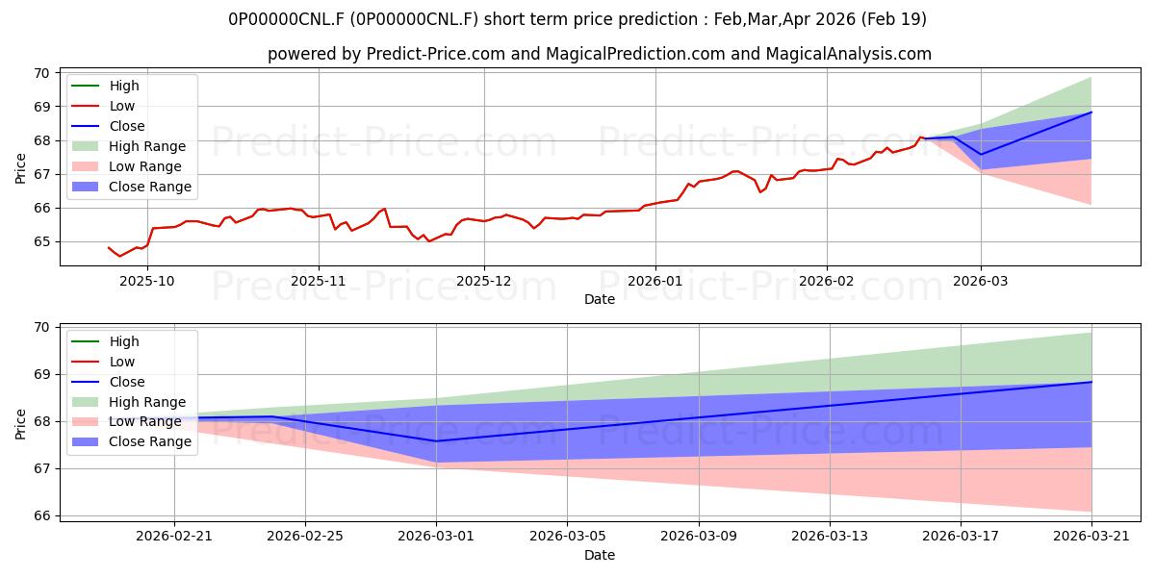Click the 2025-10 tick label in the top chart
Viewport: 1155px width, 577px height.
click(147, 281)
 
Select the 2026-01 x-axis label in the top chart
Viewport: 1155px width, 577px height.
click(654, 281)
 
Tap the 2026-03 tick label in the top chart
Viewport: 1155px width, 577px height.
click(980, 281)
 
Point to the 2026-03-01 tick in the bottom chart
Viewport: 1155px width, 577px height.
click(436, 537)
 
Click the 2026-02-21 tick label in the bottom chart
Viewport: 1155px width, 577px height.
click(174, 537)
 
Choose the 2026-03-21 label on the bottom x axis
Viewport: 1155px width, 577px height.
click(1091, 537)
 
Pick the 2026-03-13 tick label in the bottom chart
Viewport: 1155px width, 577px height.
click(829, 537)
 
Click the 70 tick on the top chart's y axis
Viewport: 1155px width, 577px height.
click(42, 73)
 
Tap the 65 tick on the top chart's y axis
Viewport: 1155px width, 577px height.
click(42, 241)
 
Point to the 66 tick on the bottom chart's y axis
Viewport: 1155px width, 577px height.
click(42, 515)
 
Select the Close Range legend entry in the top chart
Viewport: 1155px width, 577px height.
click(131, 187)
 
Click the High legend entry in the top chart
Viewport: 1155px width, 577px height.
click(105, 86)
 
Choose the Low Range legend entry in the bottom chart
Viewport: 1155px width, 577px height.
click(126, 421)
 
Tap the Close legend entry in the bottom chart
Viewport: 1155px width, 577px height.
click(108, 382)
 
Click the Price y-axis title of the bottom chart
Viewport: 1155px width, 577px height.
click(20, 424)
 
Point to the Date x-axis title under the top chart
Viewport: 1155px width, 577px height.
click(599, 299)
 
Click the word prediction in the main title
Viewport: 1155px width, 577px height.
click(658, 19)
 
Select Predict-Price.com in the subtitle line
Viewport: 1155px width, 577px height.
click(435, 54)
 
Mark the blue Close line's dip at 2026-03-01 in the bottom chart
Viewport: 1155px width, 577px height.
click(436, 441)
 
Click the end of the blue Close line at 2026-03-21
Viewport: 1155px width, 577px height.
click(1091, 382)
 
